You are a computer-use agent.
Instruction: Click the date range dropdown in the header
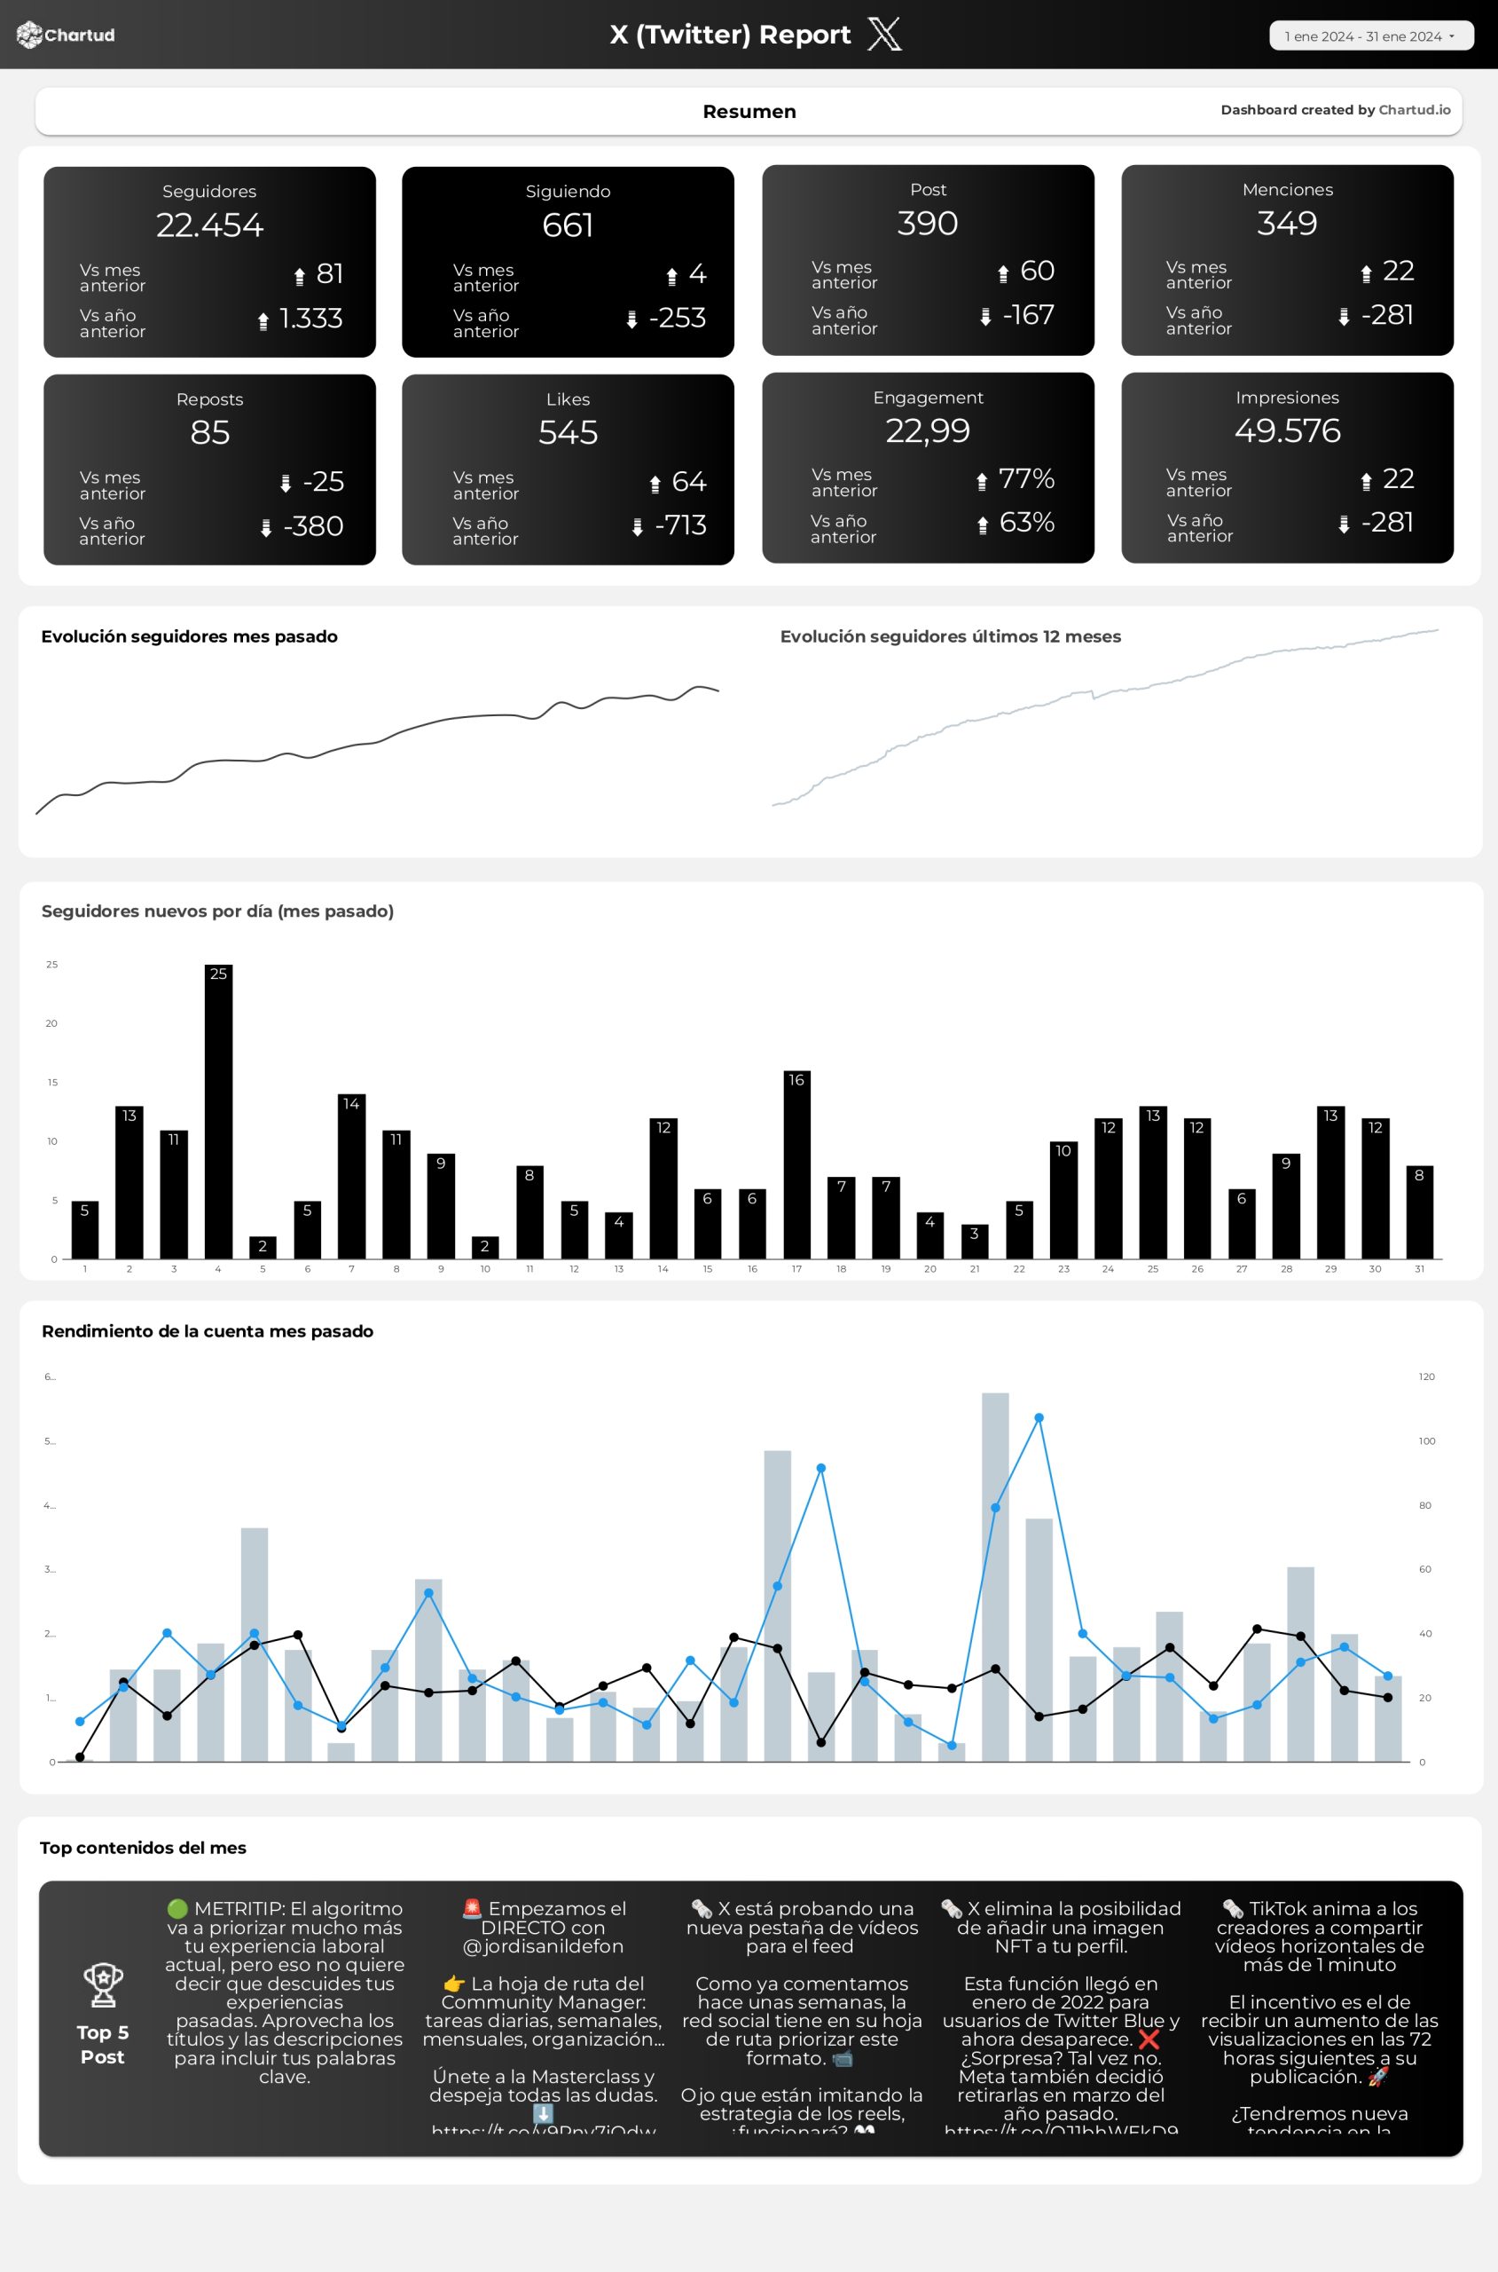[x=1370, y=36]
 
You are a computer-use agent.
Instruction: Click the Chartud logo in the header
[x=65, y=35]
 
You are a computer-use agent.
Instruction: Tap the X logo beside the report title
[x=883, y=35]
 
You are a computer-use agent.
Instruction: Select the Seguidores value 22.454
[x=209, y=225]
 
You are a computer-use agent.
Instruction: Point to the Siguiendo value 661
[x=568, y=225]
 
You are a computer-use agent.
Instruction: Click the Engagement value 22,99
[x=927, y=431]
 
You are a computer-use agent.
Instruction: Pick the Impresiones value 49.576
[x=1287, y=431]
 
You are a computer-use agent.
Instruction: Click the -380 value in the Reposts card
[x=312, y=526]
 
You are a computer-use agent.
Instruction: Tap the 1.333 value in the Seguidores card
[x=310, y=319]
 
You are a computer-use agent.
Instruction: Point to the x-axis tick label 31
[x=1419, y=1269]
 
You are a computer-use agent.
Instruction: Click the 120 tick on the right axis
[x=1426, y=1377]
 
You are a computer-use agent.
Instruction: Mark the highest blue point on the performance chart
[x=1039, y=1418]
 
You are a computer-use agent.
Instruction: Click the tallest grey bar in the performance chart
[x=994, y=1577]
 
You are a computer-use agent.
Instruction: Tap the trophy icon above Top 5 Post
[x=102, y=1985]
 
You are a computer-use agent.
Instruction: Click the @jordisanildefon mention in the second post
[x=543, y=1946]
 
